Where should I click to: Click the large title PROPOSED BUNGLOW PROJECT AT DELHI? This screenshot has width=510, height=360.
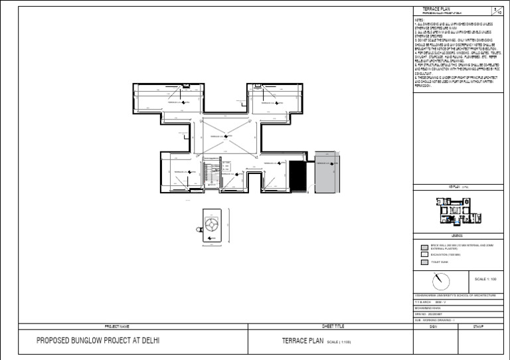98,342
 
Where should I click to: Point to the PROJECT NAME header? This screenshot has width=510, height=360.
116,327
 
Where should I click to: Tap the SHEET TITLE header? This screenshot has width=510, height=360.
333,327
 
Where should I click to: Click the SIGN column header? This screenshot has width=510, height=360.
434,327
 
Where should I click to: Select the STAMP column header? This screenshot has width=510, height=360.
478,327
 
